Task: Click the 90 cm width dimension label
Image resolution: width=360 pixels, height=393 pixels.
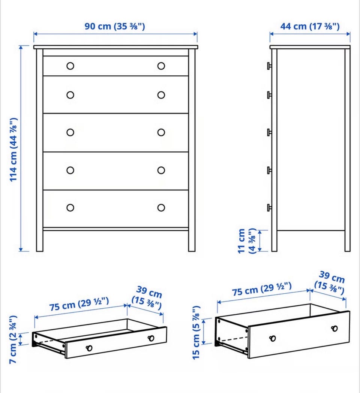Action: (115, 26)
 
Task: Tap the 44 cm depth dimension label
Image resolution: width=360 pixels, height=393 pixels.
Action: (310, 26)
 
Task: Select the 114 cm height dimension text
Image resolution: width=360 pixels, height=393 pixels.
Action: (13, 149)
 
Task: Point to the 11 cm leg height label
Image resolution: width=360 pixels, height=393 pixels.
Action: (246, 241)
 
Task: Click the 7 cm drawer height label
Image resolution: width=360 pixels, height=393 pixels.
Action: (13, 340)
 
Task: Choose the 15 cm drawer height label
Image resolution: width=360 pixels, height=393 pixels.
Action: (196, 332)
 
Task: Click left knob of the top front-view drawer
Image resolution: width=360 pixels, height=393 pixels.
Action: (70, 66)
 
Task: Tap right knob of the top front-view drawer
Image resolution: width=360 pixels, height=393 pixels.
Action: (161, 66)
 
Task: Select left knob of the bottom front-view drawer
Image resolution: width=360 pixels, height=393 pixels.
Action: (70, 208)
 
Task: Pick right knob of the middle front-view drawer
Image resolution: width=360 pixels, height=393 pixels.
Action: (161, 132)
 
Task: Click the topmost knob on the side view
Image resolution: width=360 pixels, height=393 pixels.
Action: (269, 66)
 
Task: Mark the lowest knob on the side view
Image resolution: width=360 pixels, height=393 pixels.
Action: (269, 208)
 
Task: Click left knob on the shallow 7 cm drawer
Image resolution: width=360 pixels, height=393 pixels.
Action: (89, 348)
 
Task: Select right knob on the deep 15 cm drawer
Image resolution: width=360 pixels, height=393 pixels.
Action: (334, 328)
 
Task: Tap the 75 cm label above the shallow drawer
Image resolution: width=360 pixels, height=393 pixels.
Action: (79, 303)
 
